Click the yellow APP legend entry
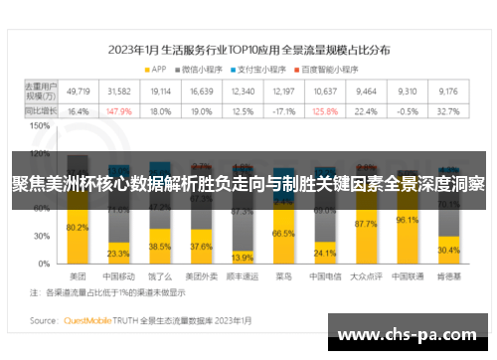(x=154, y=69)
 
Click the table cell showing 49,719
(x=78, y=90)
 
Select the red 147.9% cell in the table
(x=118, y=111)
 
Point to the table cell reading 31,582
(x=118, y=90)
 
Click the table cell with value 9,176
(x=448, y=90)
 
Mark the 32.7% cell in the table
(x=448, y=111)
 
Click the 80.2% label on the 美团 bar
(x=78, y=228)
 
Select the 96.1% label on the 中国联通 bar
(x=407, y=221)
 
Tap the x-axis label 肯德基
(x=448, y=275)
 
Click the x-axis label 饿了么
(x=160, y=275)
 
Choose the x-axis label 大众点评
(x=366, y=275)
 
